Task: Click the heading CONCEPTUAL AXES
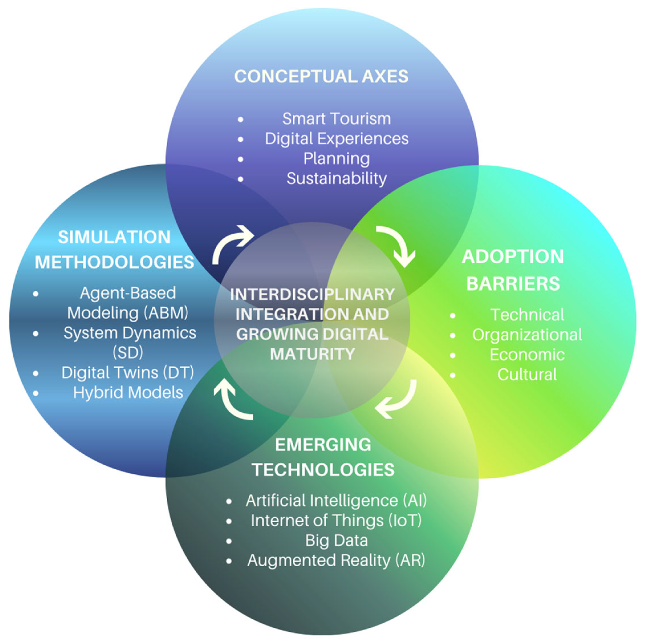(321, 76)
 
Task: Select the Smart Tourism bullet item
(337, 119)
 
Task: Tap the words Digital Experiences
(337, 139)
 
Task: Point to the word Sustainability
(337, 178)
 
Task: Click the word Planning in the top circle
(337, 159)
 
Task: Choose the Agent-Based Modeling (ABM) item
(128, 303)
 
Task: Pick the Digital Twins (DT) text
(128, 373)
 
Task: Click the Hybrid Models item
(128, 393)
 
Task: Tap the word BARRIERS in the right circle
(513, 284)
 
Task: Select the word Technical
(527, 315)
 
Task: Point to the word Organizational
(527, 335)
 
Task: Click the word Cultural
(527, 374)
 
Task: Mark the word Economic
(527, 355)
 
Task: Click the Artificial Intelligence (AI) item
(337, 500)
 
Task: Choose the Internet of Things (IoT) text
(337, 520)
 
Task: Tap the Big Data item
(337, 540)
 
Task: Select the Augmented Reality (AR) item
(337, 560)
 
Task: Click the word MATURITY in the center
(312, 354)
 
